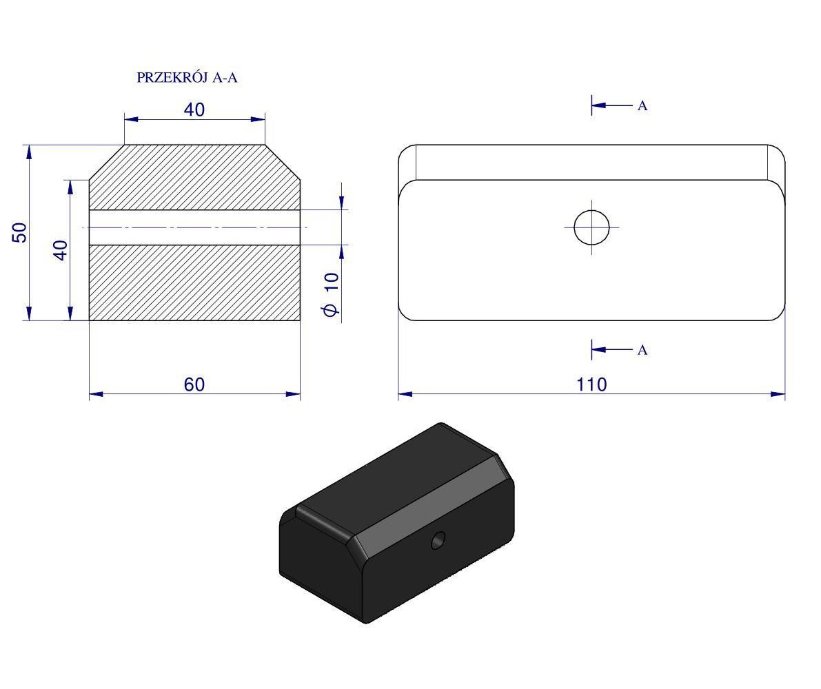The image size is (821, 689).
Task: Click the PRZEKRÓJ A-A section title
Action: [187, 77]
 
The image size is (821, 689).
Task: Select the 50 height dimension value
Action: [19, 232]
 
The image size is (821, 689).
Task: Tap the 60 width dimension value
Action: [194, 384]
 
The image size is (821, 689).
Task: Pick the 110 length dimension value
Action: [591, 384]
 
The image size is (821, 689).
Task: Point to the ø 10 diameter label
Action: [332, 294]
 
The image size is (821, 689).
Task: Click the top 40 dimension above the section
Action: [194, 110]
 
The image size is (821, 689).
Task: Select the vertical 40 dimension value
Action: [61, 250]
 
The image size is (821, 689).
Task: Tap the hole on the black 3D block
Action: [438, 540]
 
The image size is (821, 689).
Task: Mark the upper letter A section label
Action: [642, 105]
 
